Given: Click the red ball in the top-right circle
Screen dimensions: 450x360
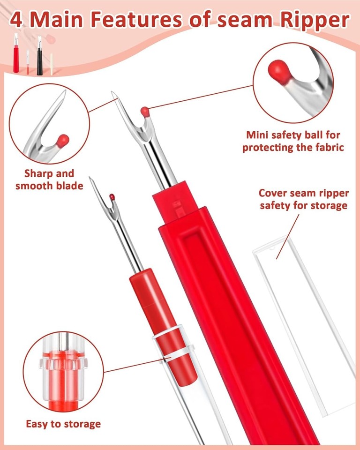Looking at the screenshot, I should coord(277,70).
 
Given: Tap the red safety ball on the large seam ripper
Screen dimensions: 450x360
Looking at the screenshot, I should coord(145,112).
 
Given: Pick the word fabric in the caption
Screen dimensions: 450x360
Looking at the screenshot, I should coord(330,147).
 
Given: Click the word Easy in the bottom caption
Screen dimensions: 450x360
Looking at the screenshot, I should coord(37,424).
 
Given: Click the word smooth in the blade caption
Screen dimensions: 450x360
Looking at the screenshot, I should coord(34,186).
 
